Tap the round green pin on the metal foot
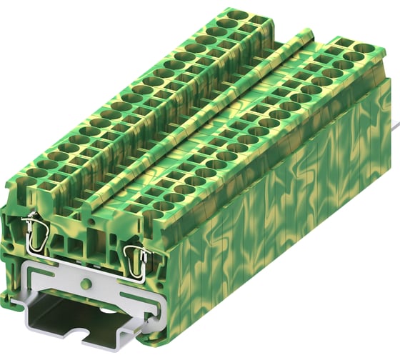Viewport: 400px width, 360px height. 86,284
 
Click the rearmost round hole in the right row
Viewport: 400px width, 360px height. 355,49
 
